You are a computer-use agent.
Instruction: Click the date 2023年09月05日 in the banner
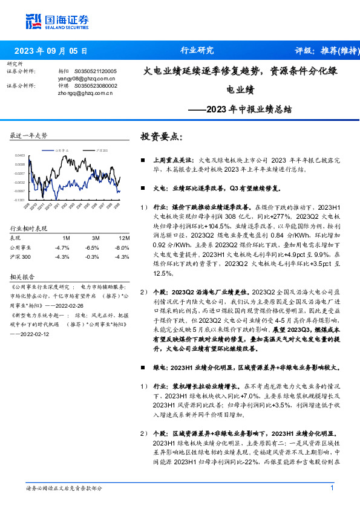[51, 51]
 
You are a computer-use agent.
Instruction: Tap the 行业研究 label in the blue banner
[197, 51]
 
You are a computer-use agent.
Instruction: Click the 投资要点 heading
[160, 137]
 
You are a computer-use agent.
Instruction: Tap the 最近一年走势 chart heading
[28, 135]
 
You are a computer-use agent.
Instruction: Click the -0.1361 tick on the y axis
[20, 199]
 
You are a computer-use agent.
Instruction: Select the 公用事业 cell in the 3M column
[92, 248]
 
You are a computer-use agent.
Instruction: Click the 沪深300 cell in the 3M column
[92, 257]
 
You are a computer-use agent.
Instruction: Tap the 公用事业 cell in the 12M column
[122, 248]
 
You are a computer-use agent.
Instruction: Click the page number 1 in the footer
[332, 488]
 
